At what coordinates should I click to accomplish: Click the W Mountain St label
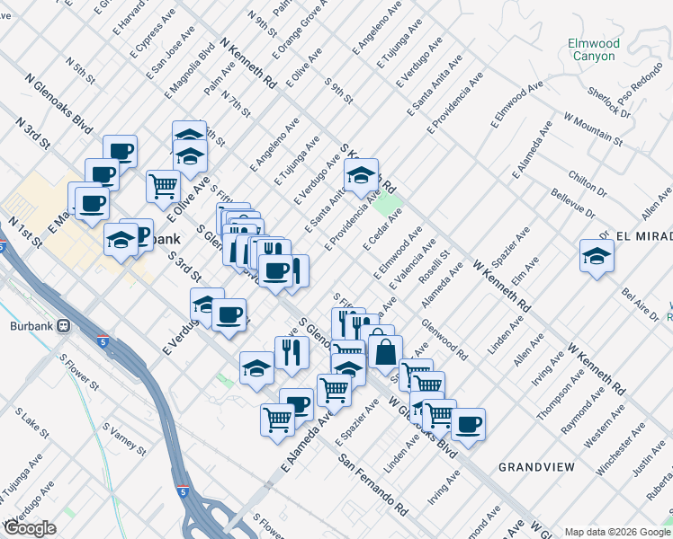(x=593, y=128)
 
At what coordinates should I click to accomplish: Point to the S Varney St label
(x=123, y=438)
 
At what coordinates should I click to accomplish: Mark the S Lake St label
(x=33, y=423)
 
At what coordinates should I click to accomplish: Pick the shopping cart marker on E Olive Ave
(x=163, y=187)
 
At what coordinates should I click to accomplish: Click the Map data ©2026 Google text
(x=617, y=531)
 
